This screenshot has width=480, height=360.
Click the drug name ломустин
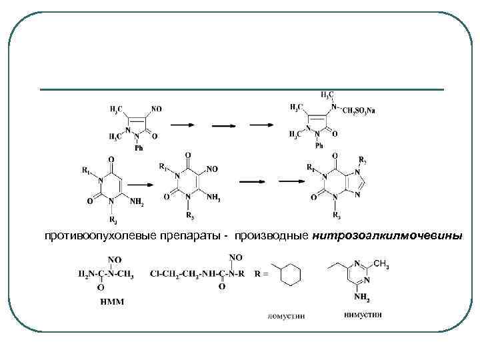coord(286,316)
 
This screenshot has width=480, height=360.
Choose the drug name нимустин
coord(363,315)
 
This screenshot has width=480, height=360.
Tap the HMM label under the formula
coord(111,301)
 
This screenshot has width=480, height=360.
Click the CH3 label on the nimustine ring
coord(381,266)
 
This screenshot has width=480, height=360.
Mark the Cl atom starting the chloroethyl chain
coord(155,273)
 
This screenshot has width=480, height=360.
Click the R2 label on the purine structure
coord(362,161)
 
